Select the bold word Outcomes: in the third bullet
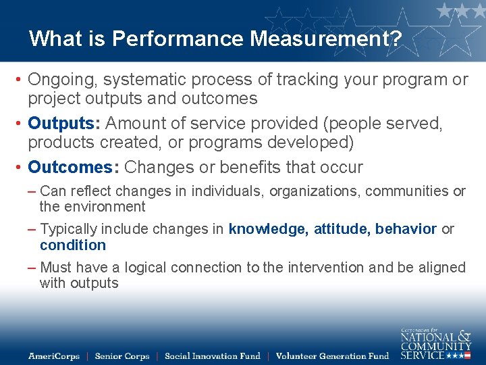click(x=74, y=167)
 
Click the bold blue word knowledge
click(x=267, y=229)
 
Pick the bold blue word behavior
click(x=406, y=229)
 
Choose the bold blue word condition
click(x=73, y=245)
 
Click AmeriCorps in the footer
click(x=54, y=356)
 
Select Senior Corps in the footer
click(x=122, y=356)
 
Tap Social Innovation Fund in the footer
click(x=212, y=356)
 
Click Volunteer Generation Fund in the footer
click(x=332, y=356)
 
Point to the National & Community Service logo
click(x=435, y=343)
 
